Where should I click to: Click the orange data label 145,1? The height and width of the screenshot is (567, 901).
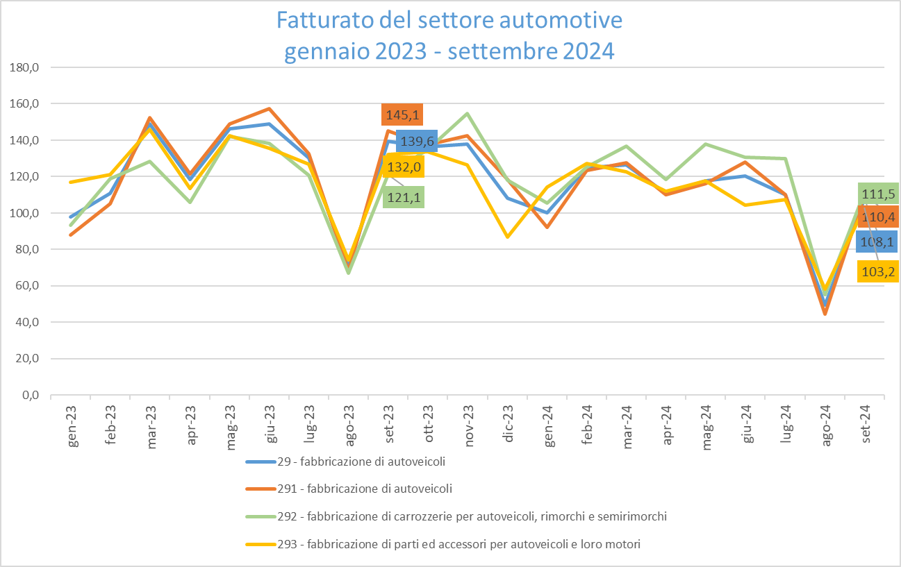coord(402,114)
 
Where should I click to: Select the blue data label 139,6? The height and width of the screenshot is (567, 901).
coord(420,141)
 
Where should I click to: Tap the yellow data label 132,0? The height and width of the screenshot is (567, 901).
coord(402,167)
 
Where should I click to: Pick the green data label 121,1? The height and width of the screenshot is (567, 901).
coord(402,198)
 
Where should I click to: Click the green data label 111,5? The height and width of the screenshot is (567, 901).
coord(879,193)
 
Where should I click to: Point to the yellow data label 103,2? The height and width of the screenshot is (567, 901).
coord(879,271)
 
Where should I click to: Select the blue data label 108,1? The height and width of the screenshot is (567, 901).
coord(879,242)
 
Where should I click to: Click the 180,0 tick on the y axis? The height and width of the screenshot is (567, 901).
coord(24,68)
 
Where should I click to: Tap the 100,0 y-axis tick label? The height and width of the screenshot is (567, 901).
coord(24,213)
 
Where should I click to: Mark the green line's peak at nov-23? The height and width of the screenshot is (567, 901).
coord(468,113)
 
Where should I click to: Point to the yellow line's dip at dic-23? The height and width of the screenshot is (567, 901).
coord(508,237)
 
